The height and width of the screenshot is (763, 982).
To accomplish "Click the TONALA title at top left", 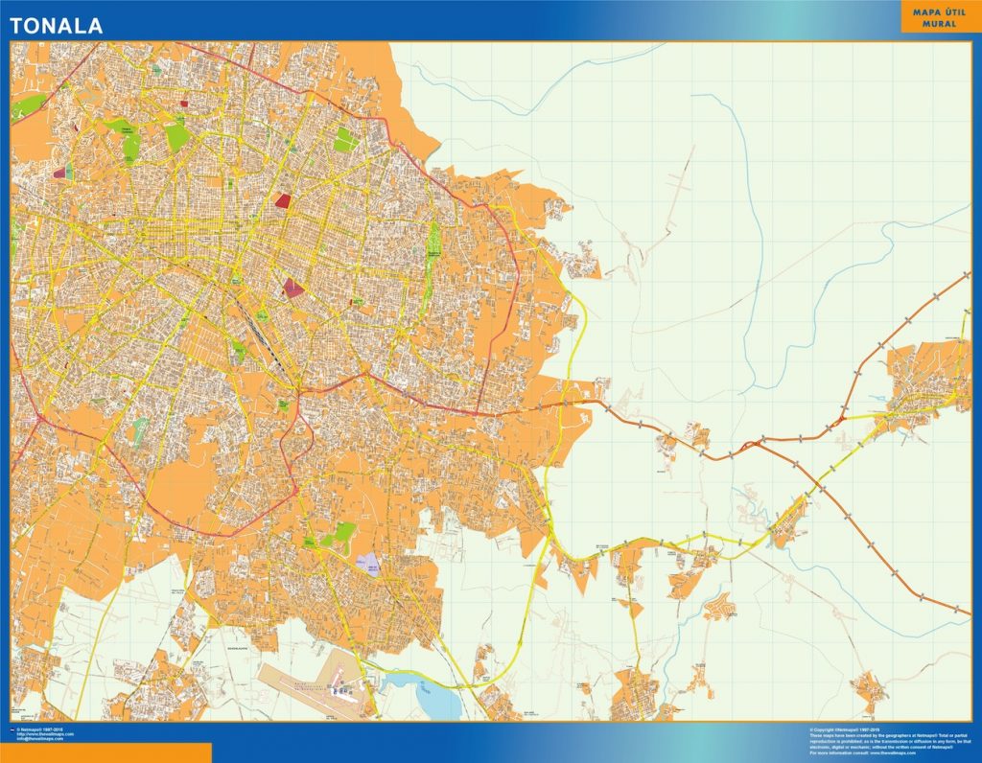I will (x=57, y=26).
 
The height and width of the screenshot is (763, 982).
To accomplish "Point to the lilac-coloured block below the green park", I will (x=368, y=565).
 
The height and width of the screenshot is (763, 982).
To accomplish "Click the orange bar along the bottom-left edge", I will (x=105, y=752).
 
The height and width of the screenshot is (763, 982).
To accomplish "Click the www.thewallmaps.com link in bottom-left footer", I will (x=46, y=734).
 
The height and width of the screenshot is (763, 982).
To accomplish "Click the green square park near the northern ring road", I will (x=345, y=141).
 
